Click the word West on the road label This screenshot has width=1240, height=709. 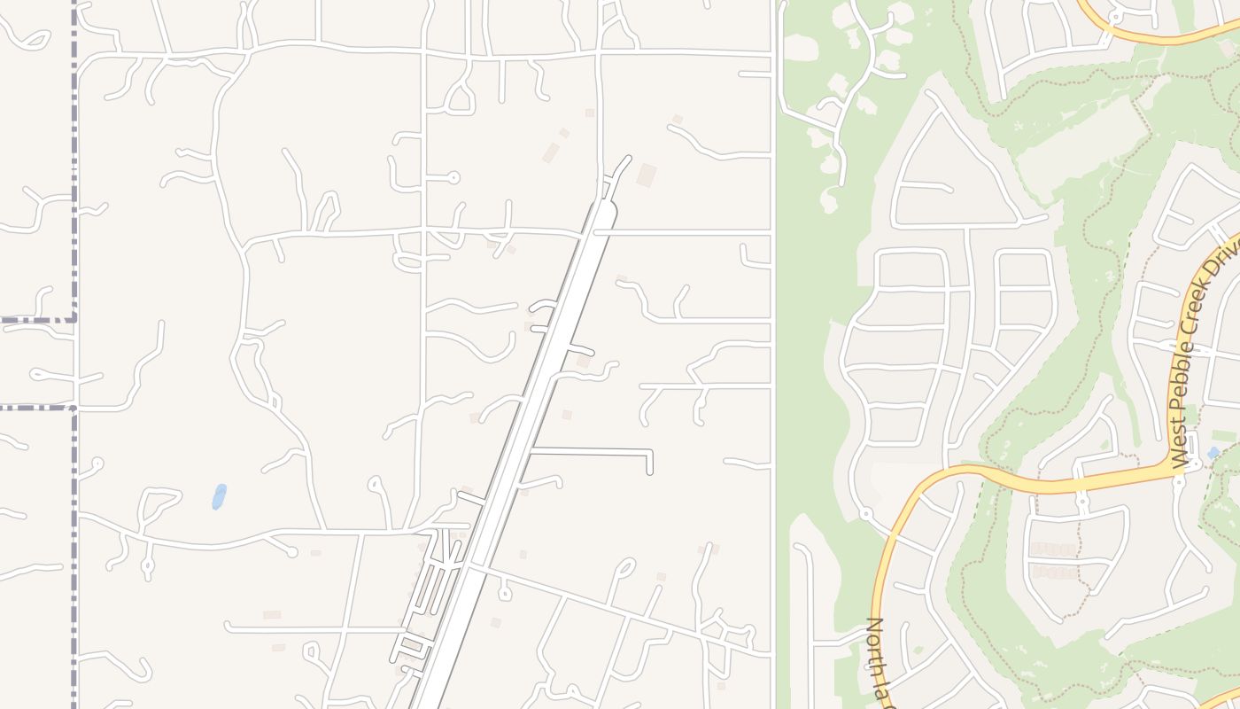[1179, 448]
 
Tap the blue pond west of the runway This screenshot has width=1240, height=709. [219, 496]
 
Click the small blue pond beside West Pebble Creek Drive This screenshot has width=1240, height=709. [1213, 453]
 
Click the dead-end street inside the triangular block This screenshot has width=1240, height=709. [926, 186]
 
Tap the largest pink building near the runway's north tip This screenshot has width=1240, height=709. [647, 175]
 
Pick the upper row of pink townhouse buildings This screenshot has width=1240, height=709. [1054, 549]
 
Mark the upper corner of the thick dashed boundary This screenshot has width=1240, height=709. [74, 317]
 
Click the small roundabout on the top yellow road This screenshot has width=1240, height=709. [1114, 15]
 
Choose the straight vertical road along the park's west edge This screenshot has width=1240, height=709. [773, 354]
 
